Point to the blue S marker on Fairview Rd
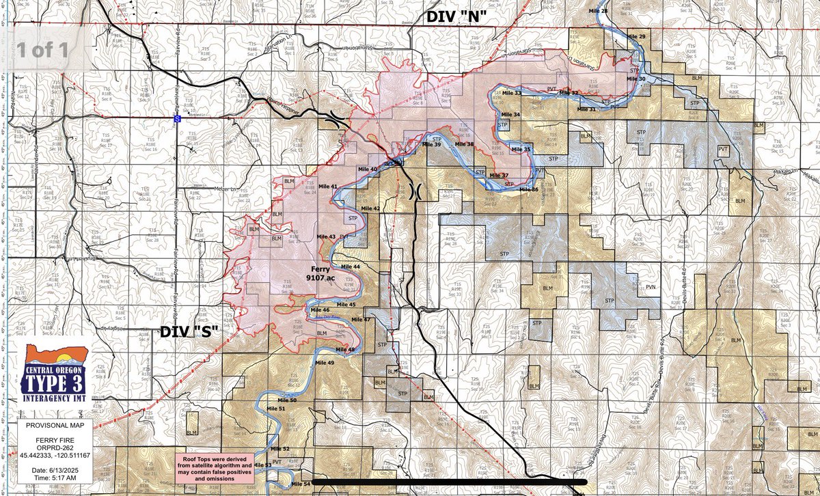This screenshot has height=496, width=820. coord(177,118)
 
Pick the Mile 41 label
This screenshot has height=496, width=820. coord(328,187)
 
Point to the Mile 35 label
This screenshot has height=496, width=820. coord(521,150)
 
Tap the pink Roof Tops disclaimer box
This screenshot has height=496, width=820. coord(215,469)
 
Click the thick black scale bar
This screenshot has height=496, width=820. coord(444,482)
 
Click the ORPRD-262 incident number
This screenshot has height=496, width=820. coord(52,448)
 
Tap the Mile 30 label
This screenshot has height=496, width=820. coord(635,79)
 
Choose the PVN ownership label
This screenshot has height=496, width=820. coord(651,288)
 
